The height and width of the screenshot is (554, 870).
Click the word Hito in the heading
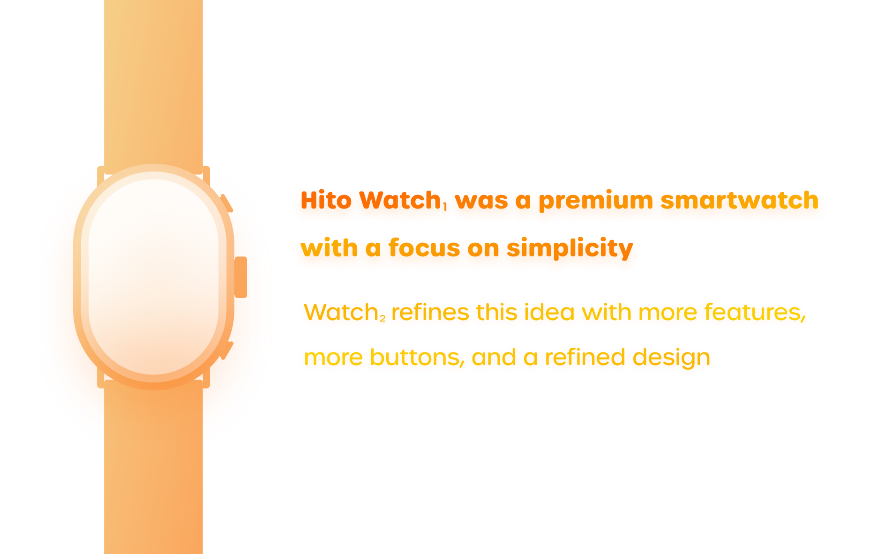coord(326,200)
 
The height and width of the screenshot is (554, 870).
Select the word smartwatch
coord(739,200)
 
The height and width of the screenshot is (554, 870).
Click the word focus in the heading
coord(417,247)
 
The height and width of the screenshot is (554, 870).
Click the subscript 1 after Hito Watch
coord(444,206)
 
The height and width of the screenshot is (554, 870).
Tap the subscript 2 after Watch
coord(382,319)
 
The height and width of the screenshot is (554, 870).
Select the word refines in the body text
coord(430,312)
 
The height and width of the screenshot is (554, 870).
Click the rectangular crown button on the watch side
coord(240,277)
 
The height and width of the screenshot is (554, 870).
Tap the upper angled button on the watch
coord(226,203)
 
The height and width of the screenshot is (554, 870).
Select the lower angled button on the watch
coord(227,351)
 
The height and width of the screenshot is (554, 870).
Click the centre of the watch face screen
coord(154,277)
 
